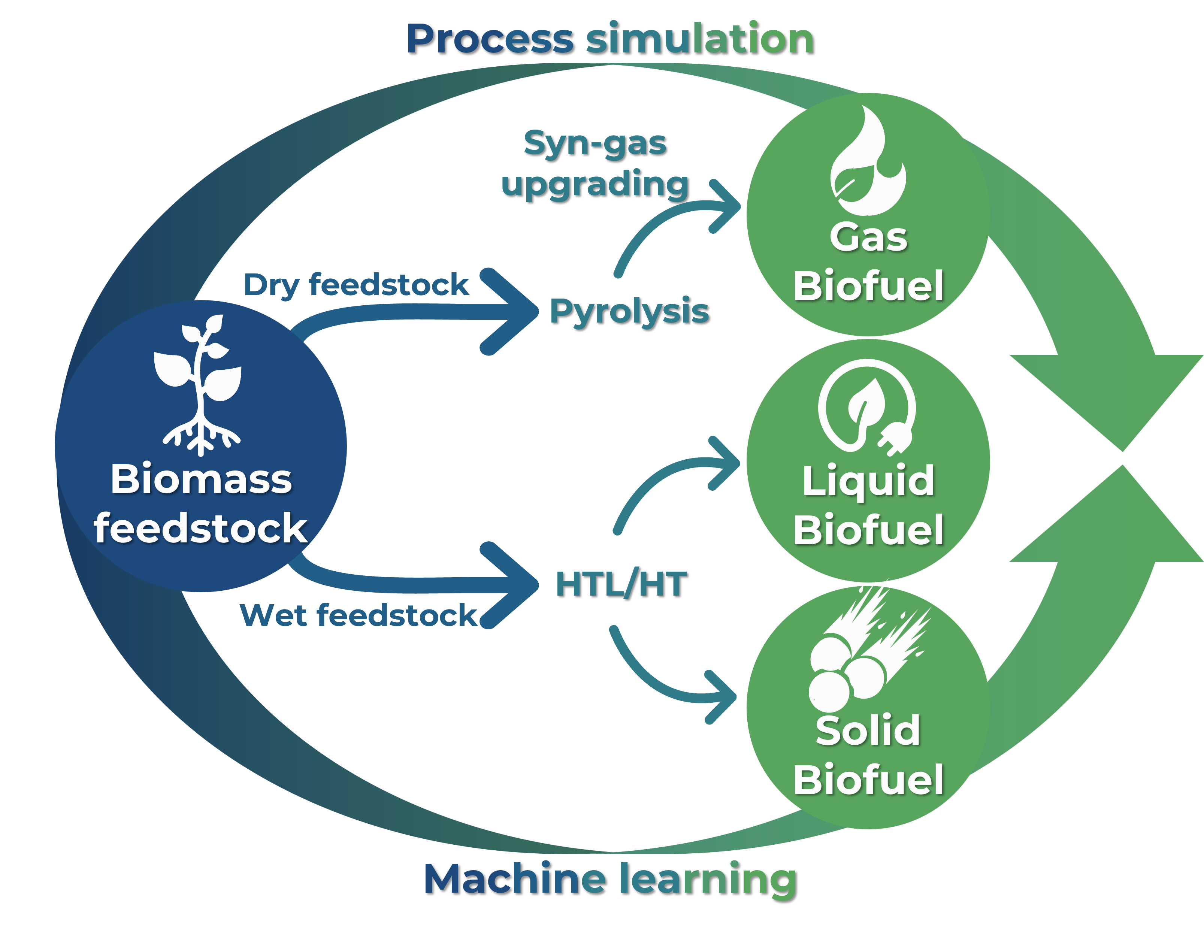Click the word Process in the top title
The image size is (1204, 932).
(x=490, y=40)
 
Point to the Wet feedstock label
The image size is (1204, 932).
(x=359, y=615)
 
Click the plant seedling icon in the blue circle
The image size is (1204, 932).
(x=200, y=384)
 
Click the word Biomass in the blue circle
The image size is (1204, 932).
(x=201, y=479)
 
